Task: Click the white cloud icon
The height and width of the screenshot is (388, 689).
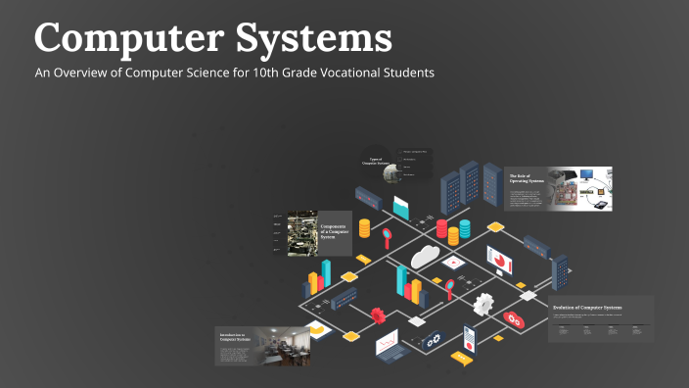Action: pyautogui.click(x=425, y=256)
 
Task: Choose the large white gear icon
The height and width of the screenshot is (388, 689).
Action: pyautogui.click(x=483, y=304)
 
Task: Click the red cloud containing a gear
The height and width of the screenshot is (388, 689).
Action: pyautogui.click(x=513, y=318)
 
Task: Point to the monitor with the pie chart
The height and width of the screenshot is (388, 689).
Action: pyautogui.click(x=500, y=260)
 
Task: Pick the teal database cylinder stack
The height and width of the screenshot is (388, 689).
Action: pyautogui.click(x=464, y=230)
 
